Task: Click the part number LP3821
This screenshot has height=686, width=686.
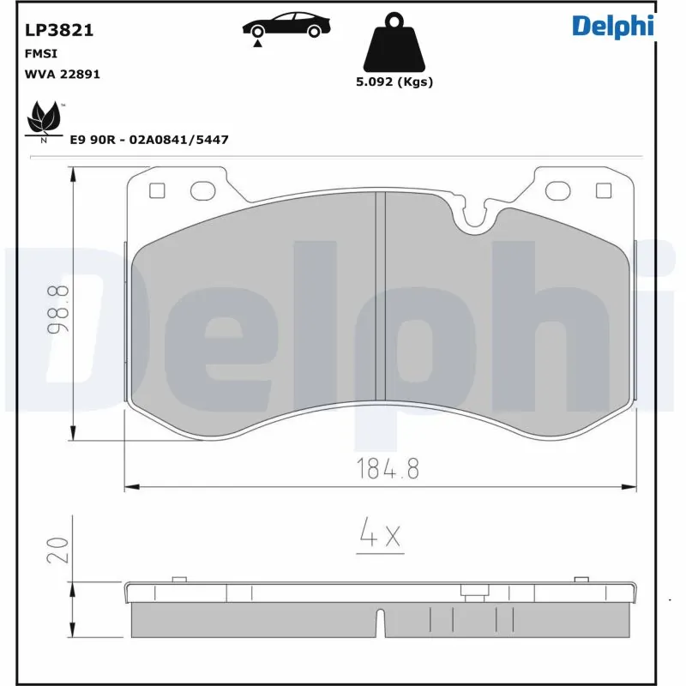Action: (58, 31)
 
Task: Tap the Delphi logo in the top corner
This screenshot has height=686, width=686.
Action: (613, 26)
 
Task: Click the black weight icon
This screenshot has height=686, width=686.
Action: (394, 44)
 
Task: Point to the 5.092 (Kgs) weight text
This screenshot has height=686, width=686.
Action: (394, 82)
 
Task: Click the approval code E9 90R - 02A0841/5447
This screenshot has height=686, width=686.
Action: (148, 139)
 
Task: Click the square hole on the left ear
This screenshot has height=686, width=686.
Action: (156, 190)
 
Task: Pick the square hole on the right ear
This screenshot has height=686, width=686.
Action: (602, 190)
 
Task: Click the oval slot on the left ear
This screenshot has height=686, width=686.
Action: (203, 190)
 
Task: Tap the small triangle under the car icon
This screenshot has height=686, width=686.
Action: (257, 42)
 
